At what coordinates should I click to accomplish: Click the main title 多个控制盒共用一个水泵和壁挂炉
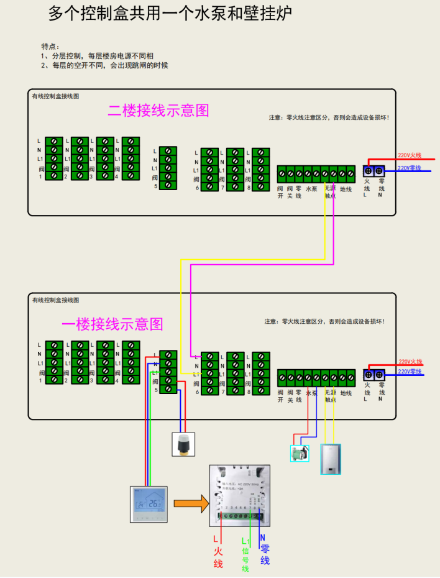coord(170,14)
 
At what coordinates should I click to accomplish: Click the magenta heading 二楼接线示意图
coord(158,111)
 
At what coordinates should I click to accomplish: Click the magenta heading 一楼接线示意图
coord(112,324)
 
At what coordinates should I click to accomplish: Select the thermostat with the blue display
coord(149,504)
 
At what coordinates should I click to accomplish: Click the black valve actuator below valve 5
coord(183,444)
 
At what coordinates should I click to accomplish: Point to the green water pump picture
coord(300,452)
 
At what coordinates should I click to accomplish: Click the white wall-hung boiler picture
coord(331,459)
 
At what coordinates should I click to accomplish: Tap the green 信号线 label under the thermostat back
coord(245,554)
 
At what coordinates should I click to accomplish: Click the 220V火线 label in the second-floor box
coord(410,155)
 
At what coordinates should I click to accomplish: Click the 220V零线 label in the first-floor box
coord(410,372)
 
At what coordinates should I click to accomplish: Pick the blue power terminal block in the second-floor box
coord(374,170)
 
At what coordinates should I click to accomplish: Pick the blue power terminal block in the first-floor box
coord(374,375)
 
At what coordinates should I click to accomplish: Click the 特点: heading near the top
coord(50,47)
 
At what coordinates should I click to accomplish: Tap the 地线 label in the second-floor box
coord(346,189)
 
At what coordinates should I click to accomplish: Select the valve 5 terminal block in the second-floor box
coord(168,168)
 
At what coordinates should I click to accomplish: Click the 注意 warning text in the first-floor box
coord(324,321)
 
